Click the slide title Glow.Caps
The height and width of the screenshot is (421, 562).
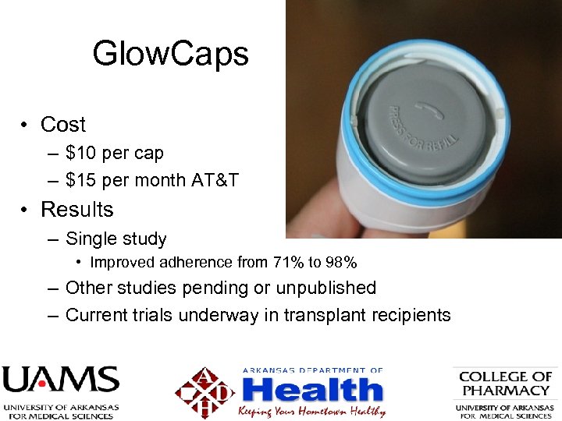click(170, 55)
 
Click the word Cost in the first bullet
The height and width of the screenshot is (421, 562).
click(63, 125)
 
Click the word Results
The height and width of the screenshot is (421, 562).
click(76, 210)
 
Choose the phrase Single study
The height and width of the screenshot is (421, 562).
click(116, 239)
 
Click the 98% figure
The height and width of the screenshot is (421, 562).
click(341, 263)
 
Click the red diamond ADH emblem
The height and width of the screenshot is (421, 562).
click(205, 392)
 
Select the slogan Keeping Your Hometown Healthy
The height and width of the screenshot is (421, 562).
click(311, 411)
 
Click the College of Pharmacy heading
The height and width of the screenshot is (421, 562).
click(505, 384)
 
